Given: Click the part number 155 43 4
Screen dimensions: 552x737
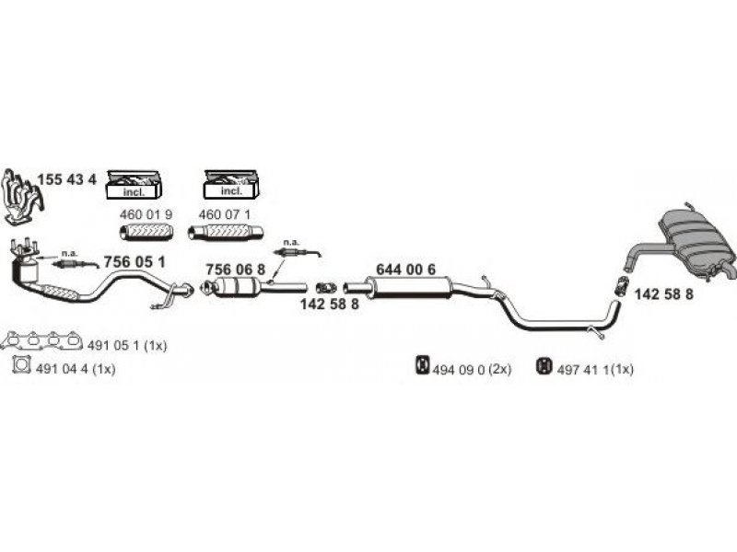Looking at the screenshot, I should (x=67, y=179).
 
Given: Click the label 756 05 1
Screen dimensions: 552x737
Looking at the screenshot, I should (x=134, y=262).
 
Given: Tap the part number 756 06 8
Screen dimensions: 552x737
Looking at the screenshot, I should (x=235, y=269).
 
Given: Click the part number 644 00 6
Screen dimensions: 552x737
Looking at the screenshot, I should (x=404, y=270).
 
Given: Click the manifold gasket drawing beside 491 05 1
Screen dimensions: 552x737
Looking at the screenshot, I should (x=41, y=342).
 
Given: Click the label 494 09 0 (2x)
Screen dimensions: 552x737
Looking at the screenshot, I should (x=474, y=369).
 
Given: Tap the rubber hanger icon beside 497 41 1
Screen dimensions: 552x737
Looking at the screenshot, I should (x=543, y=367).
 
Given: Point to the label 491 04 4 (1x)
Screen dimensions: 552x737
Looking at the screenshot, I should (x=75, y=369).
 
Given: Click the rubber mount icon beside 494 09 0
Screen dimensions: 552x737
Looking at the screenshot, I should (x=423, y=368).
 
